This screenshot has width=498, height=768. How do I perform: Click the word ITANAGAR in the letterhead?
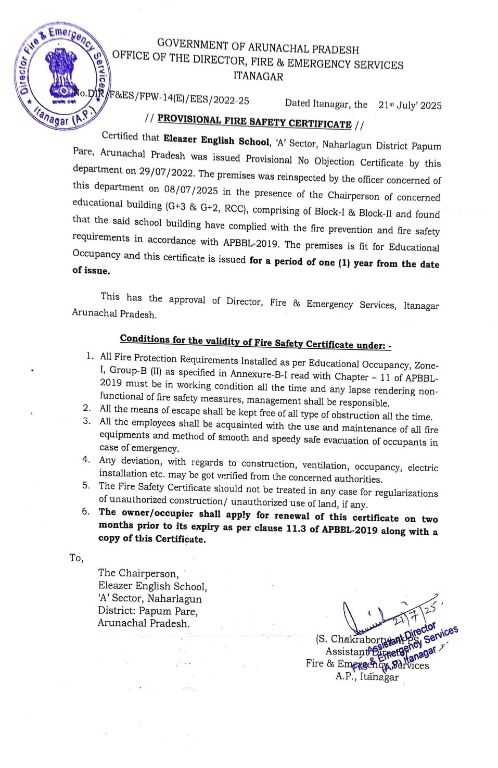[258, 77]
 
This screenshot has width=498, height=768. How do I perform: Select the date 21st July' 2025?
[410, 105]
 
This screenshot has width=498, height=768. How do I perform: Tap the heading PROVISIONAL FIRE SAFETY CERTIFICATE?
[254, 122]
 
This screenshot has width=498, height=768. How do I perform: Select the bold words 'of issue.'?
[91, 270]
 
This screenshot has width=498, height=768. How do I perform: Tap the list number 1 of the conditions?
[90, 356]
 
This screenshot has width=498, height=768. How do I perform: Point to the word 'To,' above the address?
[76, 558]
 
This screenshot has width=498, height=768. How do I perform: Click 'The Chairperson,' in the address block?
[138, 573]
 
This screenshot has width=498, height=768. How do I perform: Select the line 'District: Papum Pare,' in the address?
[148, 611]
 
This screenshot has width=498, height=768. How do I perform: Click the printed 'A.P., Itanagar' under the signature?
[367, 677]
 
